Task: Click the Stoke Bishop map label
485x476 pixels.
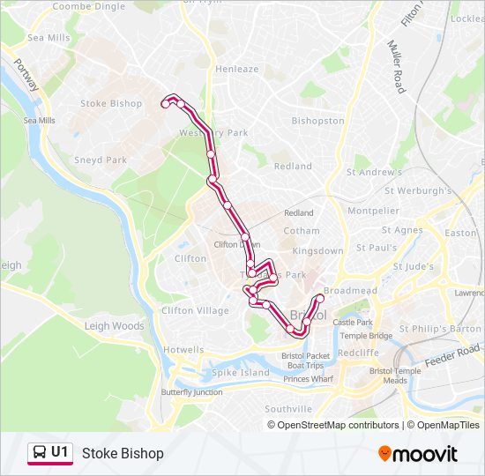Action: [111, 103]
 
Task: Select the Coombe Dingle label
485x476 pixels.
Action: [89, 6]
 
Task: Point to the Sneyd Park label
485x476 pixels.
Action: [101, 160]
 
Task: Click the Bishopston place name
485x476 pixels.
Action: [317, 121]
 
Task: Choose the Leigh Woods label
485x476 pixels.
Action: [114, 326]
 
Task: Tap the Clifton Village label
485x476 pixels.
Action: [195, 310]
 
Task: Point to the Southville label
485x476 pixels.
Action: [288, 409]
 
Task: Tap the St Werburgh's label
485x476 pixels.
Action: [418, 190]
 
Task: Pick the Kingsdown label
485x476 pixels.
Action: [317, 251]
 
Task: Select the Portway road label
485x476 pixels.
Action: [26, 76]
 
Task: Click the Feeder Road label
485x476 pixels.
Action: [451, 357]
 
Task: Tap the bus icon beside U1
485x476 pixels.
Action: [40, 452]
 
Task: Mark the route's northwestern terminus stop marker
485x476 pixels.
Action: [165, 104]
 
